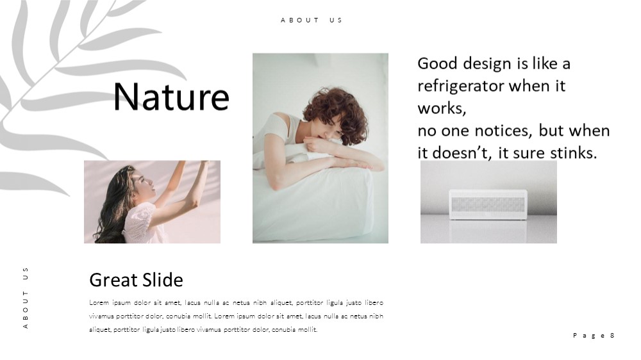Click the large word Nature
(171, 97)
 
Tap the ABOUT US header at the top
(312, 20)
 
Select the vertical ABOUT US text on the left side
(26, 298)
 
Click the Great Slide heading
(136, 280)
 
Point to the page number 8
(612, 336)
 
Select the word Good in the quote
(437, 63)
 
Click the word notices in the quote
(503, 131)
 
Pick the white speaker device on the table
(488, 204)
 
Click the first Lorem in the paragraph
(99, 303)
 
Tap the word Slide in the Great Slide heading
(163, 280)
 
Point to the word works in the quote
(442, 109)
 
